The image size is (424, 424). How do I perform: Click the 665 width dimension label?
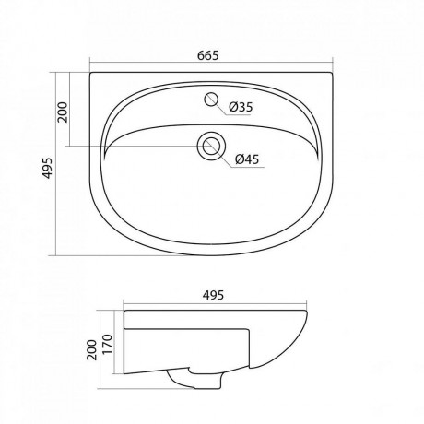tap(207, 55)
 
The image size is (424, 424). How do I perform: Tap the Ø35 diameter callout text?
tap(241, 107)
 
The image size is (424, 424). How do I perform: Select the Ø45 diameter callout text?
tap(247, 159)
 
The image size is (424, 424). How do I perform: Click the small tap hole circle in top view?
tap(211, 99)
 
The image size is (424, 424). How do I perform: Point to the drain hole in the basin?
tap(211, 146)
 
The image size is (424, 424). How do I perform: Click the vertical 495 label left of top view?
tap(47, 168)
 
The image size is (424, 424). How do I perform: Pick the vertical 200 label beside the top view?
tap(63, 112)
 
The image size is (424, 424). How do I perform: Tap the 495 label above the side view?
tap(213, 295)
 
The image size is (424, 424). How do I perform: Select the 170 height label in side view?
tap(108, 344)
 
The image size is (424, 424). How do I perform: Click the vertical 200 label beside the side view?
tap(91, 350)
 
